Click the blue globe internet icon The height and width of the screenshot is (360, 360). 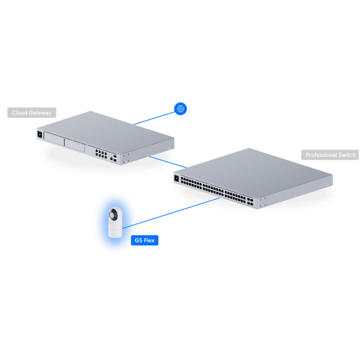coord(180,108)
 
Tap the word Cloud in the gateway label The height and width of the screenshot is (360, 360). coord(19,112)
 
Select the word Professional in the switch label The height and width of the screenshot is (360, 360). coord(321,155)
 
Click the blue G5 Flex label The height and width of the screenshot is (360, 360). coord(144,240)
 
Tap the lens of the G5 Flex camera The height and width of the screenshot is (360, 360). coord(112,215)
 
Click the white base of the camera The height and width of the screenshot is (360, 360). coord(115,230)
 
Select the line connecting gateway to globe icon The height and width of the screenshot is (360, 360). coord(154,118)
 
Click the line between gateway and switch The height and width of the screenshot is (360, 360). coord(168,162)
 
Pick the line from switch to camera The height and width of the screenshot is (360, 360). coord(171,213)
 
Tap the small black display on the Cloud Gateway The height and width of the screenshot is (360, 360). coord(39,134)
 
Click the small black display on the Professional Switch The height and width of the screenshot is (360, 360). coord(176,178)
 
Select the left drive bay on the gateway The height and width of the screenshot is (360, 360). coord(54,139)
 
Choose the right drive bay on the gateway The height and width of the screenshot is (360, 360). coord(75,145)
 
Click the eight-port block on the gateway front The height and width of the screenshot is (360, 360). coord(101,153)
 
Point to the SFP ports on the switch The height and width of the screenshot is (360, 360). coord(250,202)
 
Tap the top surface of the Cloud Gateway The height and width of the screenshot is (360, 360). coord(105,131)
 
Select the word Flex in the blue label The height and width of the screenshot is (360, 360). coord(149,240)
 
